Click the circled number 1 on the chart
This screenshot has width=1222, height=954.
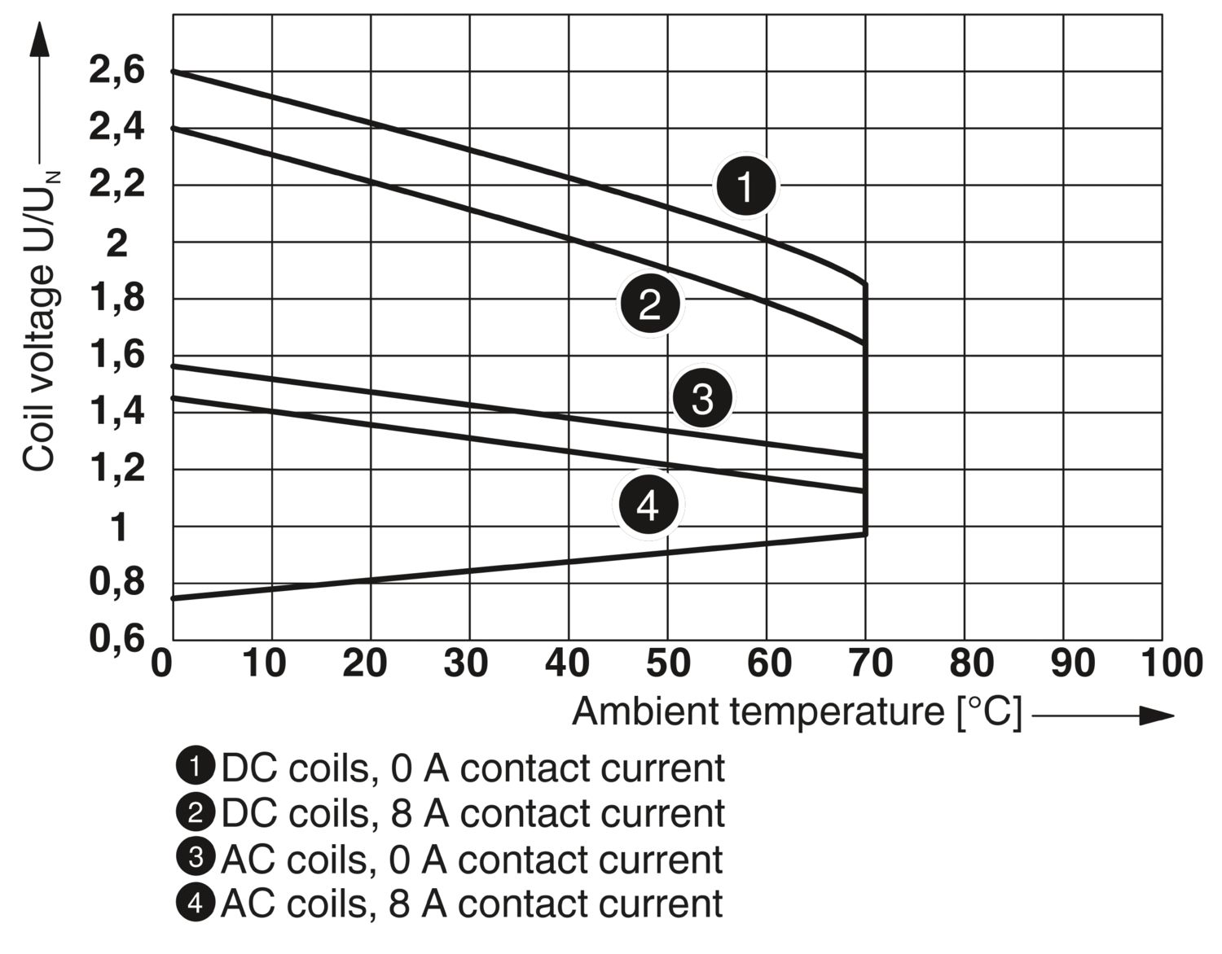(x=746, y=186)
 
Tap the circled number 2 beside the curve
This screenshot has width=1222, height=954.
(x=650, y=304)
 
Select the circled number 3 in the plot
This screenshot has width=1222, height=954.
(x=702, y=399)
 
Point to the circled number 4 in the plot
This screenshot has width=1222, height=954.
(x=648, y=505)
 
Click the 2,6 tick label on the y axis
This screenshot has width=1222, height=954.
(x=116, y=72)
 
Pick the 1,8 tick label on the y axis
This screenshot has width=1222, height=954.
(x=116, y=299)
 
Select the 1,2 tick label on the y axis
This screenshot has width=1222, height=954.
(x=116, y=469)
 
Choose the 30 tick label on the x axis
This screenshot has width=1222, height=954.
(x=466, y=664)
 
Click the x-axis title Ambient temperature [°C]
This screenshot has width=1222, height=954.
(x=797, y=712)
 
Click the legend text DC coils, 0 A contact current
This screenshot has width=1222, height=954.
(x=473, y=768)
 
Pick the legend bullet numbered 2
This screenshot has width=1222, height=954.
(x=196, y=812)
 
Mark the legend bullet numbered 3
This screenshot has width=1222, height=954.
(x=196, y=858)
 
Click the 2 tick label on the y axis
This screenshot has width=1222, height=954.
(x=118, y=243)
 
